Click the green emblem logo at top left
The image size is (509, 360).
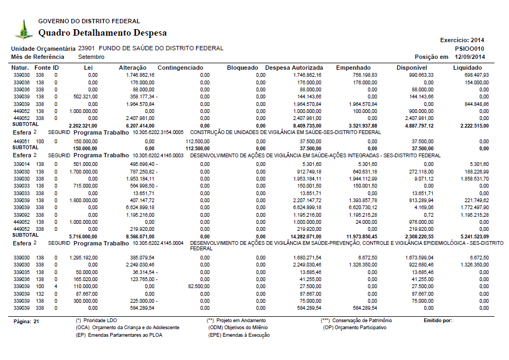(23, 29)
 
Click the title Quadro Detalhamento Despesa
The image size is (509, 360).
(103, 33)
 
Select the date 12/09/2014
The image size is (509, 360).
(470, 57)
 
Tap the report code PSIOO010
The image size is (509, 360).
(470, 48)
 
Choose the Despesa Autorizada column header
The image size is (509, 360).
(294, 68)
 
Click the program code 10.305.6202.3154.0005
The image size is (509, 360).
(158, 132)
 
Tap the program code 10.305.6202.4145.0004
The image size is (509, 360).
(158, 243)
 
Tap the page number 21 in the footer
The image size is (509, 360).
(37, 321)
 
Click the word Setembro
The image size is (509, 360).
(91, 57)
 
